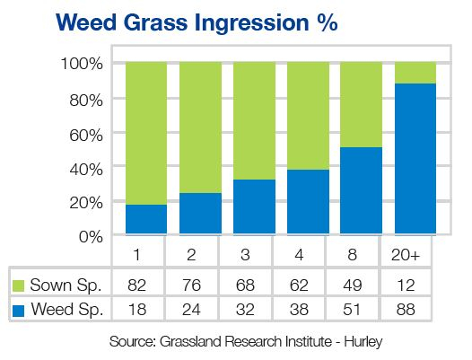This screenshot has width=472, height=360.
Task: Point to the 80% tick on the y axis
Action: point(86,101)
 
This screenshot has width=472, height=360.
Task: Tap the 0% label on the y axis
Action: point(91,237)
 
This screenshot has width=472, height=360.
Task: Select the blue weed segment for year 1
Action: point(146,219)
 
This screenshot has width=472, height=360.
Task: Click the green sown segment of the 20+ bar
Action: point(415,73)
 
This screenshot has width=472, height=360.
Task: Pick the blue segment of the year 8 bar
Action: point(362,190)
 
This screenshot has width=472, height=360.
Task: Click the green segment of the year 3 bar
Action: point(254,121)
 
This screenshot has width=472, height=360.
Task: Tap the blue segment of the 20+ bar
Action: point(415,159)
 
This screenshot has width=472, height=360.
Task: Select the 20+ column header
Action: point(406,255)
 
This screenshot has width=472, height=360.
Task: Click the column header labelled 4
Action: point(299,255)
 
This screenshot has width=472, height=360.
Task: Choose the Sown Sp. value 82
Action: point(137,285)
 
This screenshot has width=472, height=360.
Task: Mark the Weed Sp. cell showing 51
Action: point(352,310)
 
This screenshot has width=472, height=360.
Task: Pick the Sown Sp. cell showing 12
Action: point(406,285)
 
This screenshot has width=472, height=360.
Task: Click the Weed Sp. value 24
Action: point(191,310)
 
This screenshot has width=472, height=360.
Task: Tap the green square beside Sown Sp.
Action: point(18,285)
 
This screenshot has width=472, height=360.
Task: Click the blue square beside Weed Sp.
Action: point(18,311)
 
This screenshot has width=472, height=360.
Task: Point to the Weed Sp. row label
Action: point(67,310)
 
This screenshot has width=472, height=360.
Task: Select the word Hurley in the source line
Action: point(363,342)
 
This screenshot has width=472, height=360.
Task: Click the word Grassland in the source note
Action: point(190,341)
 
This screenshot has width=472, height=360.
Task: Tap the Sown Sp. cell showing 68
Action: point(245,285)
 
